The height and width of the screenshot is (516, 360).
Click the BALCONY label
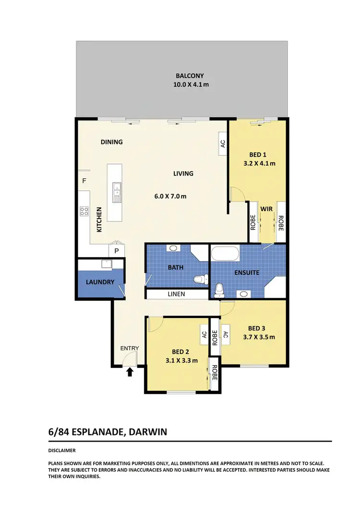click(x=190, y=76)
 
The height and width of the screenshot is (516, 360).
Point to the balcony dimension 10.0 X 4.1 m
click(x=191, y=85)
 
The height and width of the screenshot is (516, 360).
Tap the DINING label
click(x=111, y=142)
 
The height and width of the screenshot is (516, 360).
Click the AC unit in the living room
click(x=222, y=143)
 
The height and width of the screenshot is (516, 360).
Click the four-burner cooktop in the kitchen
click(x=84, y=211)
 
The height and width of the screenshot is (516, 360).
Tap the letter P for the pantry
click(x=116, y=250)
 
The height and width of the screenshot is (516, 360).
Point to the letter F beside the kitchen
click(x=84, y=181)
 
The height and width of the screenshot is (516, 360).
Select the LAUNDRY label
click(x=100, y=282)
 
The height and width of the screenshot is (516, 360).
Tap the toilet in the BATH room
click(x=200, y=279)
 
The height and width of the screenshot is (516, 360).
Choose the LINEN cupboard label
click(x=176, y=294)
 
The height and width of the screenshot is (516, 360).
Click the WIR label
click(x=266, y=210)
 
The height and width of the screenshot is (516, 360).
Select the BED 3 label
click(x=257, y=328)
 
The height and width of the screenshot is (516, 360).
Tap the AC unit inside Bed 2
click(x=204, y=334)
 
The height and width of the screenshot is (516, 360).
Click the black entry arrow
click(x=129, y=371)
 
